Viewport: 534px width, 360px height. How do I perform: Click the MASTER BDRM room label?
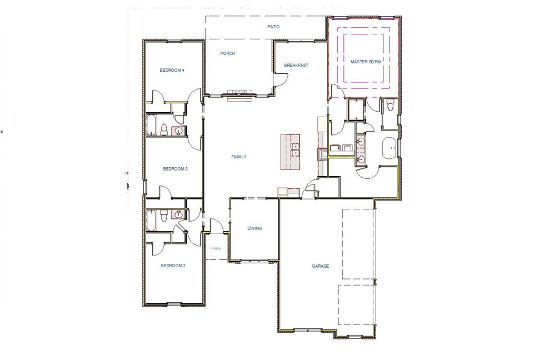pyautogui.click(x=366, y=62)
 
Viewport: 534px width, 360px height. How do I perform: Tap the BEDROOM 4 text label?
pyautogui.click(x=172, y=70)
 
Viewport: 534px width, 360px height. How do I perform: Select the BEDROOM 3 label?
pyautogui.click(x=174, y=168)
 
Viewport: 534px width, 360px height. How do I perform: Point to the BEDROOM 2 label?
pyautogui.click(x=173, y=266)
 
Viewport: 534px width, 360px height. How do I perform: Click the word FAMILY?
pyautogui.click(x=238, y=157)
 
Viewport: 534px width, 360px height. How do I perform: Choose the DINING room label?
pyautogui.click(x=254, y=228)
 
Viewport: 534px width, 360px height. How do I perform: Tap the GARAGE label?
pyautogui.click(x=320, y=266)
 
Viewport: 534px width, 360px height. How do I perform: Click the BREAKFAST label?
pyautogui.click(x=296, y=65)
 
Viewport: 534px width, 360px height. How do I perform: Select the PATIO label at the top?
pyautogui.click(x=273, y=27)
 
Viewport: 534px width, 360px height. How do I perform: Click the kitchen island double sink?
pyautogui.click(x=296, y=149)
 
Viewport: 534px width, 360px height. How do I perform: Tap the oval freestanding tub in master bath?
pyautogui.click(x=390, y=149)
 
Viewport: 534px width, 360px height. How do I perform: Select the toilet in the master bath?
pyautogui.click(x=390, y=105)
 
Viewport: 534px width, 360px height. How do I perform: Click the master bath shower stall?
pyautogui.click(x=355, y=109)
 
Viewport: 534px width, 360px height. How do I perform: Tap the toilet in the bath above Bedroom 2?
pyautogui.click(x=163, y=216)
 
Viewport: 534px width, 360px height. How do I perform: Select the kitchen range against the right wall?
pyautogui.click(x=322, y=154)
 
